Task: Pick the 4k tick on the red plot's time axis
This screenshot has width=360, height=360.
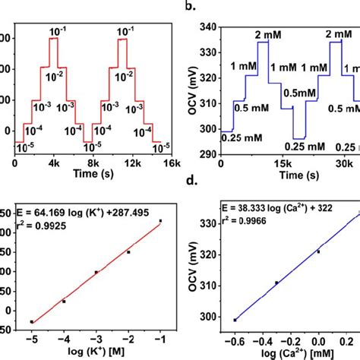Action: pos(54,164)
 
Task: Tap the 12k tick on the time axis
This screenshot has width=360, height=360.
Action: pos(132,164)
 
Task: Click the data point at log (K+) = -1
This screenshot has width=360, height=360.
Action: pos(160,221)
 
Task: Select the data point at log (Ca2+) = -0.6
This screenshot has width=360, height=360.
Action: pos(235,320)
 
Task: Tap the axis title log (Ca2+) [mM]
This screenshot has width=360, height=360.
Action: pos(289,352)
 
